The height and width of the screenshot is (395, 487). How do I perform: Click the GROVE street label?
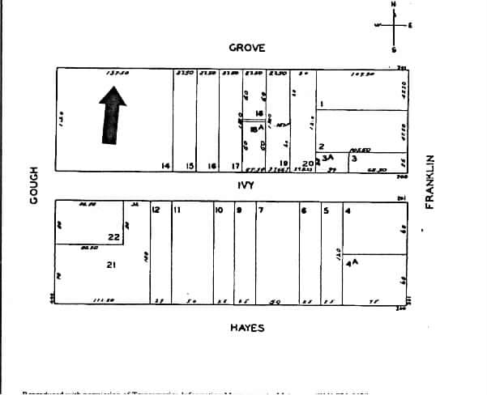coord(246,48)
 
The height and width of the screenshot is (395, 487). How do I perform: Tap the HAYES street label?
coord(246,327)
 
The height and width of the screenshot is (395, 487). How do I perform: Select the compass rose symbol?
coord(395,26)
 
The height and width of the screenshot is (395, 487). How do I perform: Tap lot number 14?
coord(165,166)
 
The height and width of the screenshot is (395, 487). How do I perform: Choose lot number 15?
coord(190,166)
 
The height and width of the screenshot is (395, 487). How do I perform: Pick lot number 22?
coord(113,237)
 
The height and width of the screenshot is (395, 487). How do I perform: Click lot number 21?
coord(111,265)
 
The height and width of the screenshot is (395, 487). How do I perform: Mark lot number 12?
coord(156,210)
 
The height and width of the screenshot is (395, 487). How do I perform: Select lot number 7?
coord(260,210)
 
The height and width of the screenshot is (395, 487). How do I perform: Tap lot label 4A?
coord(352,264)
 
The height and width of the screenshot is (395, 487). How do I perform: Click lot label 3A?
coord(328,157)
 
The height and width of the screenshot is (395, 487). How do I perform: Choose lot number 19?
coord(284,164)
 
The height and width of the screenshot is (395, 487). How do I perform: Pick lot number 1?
coord(322,104)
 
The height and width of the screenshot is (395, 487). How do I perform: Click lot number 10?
coord(218,210)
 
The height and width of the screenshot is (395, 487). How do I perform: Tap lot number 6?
coord(303,210)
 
